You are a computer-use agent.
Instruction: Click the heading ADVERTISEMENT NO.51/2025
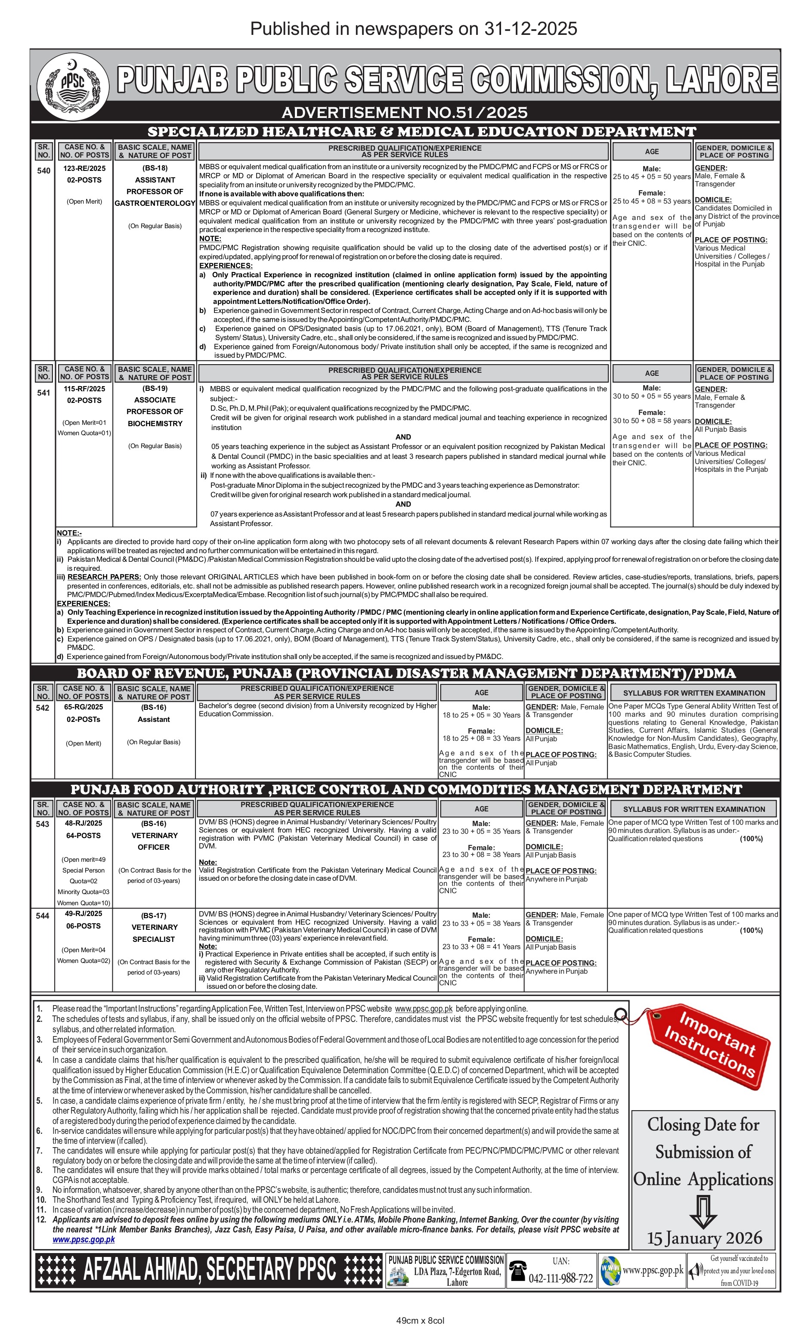pos(405,112)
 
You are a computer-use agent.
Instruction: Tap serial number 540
pos(43,170)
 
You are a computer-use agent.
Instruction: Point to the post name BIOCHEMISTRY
pos(155,423)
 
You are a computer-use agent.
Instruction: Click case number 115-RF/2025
pos(84,389)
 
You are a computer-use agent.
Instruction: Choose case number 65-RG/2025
pos(83,706)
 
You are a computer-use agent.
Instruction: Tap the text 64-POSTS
pos(84,835)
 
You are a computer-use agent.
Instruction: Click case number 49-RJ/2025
pos(84,913)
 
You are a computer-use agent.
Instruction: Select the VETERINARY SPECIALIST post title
pos(154,933)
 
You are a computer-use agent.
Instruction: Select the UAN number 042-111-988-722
pos(561,1278)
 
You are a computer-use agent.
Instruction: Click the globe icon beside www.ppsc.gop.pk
pos(610,1270)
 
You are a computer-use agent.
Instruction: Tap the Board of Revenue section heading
pos(406,673)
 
